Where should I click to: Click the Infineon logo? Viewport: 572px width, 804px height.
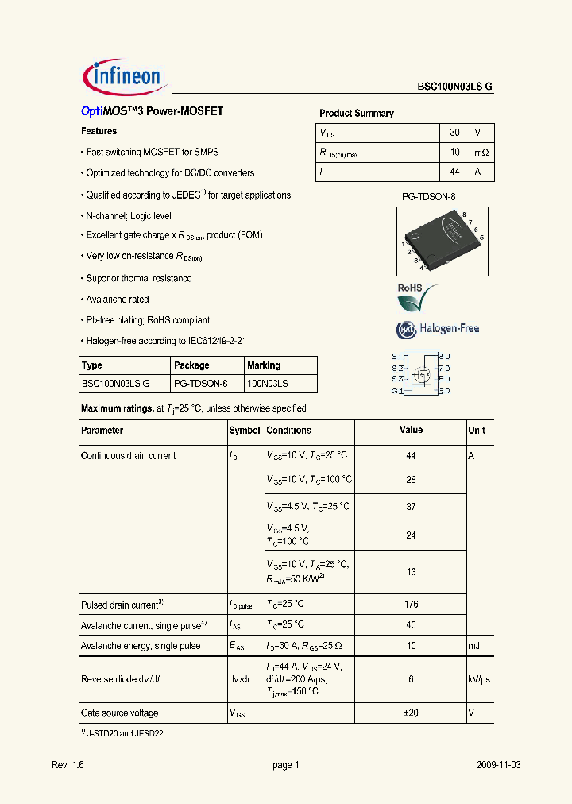pos(123,76)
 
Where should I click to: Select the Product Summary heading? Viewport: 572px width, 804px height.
pos(356,114)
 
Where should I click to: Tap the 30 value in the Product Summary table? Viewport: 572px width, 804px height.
pos(455,133)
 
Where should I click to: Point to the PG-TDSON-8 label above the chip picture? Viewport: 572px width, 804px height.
pos(429,195)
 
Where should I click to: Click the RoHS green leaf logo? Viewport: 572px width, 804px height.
pos(416,300)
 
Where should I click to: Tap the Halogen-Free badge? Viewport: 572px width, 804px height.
pos(438,329)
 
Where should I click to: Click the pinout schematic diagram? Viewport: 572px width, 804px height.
pos(421,373)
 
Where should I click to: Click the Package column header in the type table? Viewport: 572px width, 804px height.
pos(191,365)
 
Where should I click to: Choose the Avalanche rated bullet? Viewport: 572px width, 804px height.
pos(117,300)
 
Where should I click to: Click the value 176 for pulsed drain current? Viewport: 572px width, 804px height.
pos(411,605)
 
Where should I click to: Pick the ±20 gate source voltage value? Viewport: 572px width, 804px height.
pos(411,713)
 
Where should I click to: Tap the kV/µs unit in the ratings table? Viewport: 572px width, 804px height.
pos(480,679)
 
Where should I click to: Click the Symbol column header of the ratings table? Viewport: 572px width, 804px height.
pos(245,431)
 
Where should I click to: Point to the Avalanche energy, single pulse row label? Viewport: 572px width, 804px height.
pos(141,646)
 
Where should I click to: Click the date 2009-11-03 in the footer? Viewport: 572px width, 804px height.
pos(499,765)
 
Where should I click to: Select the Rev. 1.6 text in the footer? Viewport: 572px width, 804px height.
pos(68,765)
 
